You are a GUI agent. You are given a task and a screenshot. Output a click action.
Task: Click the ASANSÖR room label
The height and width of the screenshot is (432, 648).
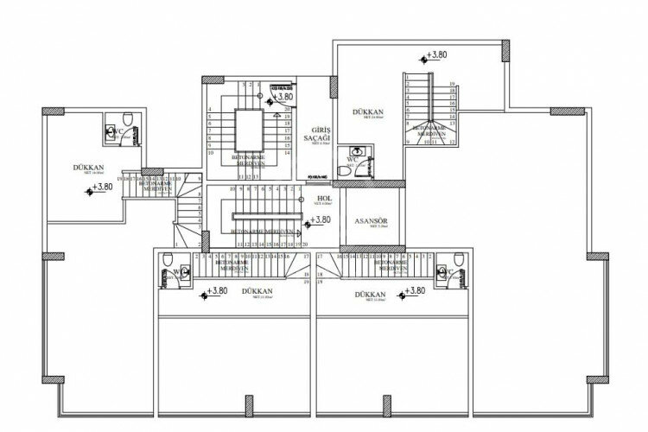[x=372, y=219]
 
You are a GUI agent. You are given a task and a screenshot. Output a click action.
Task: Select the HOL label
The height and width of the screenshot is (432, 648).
[x=325, y=197]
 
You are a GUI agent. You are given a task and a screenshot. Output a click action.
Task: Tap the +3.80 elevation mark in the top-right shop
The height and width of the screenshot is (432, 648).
[x=436, y=54]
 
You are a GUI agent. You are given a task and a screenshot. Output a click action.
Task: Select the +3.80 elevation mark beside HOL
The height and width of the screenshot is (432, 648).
[x=317, y=221]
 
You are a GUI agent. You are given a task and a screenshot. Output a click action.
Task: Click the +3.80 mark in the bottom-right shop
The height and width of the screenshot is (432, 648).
[x=414, y=291]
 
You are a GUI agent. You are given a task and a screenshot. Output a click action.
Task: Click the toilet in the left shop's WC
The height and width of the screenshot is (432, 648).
[x=125, y=122]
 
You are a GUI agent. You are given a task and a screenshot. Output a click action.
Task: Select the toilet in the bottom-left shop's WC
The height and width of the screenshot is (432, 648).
[x=167, y=276]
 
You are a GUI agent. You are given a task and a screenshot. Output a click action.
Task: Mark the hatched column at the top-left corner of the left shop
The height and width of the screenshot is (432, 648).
[x=50, y=111]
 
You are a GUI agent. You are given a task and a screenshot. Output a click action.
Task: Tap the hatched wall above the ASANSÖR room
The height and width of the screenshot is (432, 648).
[x=372, y=183]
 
